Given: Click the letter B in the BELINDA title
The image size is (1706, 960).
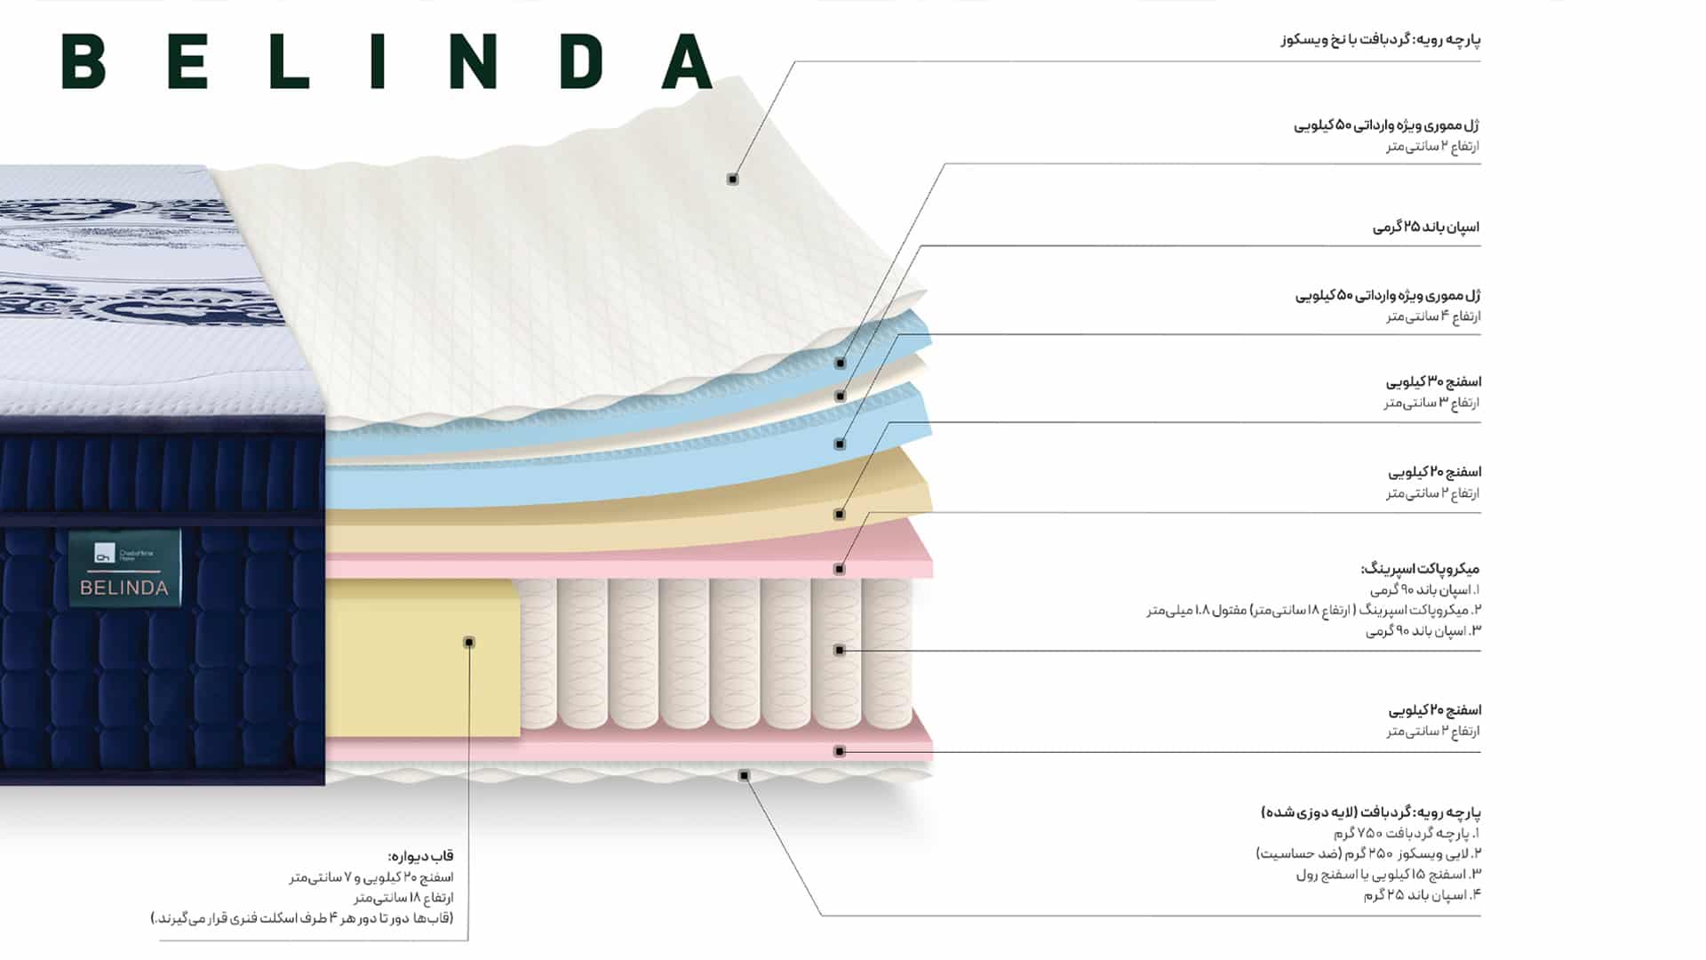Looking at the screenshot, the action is (x=84, y=61).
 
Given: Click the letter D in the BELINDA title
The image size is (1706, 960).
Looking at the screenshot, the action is (x=581, y=61).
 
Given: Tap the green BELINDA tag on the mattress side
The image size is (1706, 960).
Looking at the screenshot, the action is (x=124, y=569).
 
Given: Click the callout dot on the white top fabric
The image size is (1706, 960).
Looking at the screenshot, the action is (x=733, y=180).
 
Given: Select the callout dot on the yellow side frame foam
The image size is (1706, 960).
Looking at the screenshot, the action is (x=469, y=642).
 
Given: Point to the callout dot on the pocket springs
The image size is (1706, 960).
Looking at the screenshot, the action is (x=840, y=651).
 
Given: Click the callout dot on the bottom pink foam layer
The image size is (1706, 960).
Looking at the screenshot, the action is (x=840, y=751).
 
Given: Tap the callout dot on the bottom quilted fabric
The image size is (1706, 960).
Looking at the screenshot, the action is (x=745, y=776).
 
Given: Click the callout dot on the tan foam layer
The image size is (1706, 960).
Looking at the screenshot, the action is (x=840, y=514).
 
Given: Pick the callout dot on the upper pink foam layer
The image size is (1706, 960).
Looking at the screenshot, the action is (x=840, y=569).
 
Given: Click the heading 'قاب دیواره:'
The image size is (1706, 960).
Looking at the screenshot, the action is (x=421, y=856).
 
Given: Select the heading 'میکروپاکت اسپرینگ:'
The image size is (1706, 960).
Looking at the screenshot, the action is (x=1420, y=569).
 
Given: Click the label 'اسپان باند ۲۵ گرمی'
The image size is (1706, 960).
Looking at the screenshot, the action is (x=1426, y=228).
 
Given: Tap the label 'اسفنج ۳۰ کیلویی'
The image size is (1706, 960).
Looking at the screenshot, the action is (x=1433, y=382).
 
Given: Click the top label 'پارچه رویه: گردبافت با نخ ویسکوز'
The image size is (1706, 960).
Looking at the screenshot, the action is (x=1381, y=40).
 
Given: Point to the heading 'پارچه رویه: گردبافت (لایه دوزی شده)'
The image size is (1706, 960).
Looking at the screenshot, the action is (x=1371, y=812).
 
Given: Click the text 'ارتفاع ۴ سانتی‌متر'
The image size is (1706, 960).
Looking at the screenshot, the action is (x=1433, y=316).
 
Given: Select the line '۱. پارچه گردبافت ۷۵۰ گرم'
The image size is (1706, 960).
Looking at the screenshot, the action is (x=1407, y=834).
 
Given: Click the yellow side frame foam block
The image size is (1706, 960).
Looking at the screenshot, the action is (x=422, y=659).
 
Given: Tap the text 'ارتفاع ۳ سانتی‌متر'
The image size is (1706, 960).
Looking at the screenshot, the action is (x=1432, y=403).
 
